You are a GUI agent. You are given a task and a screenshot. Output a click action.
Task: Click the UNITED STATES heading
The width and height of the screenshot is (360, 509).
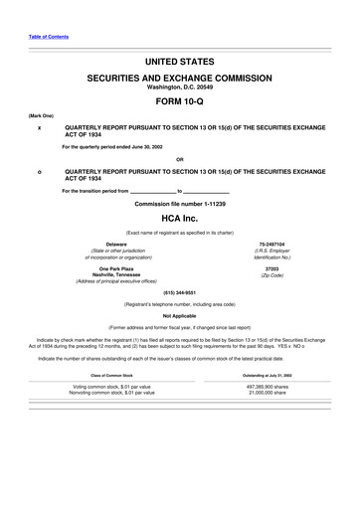179,62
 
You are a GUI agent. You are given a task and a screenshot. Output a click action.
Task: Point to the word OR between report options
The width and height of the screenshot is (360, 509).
179,160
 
